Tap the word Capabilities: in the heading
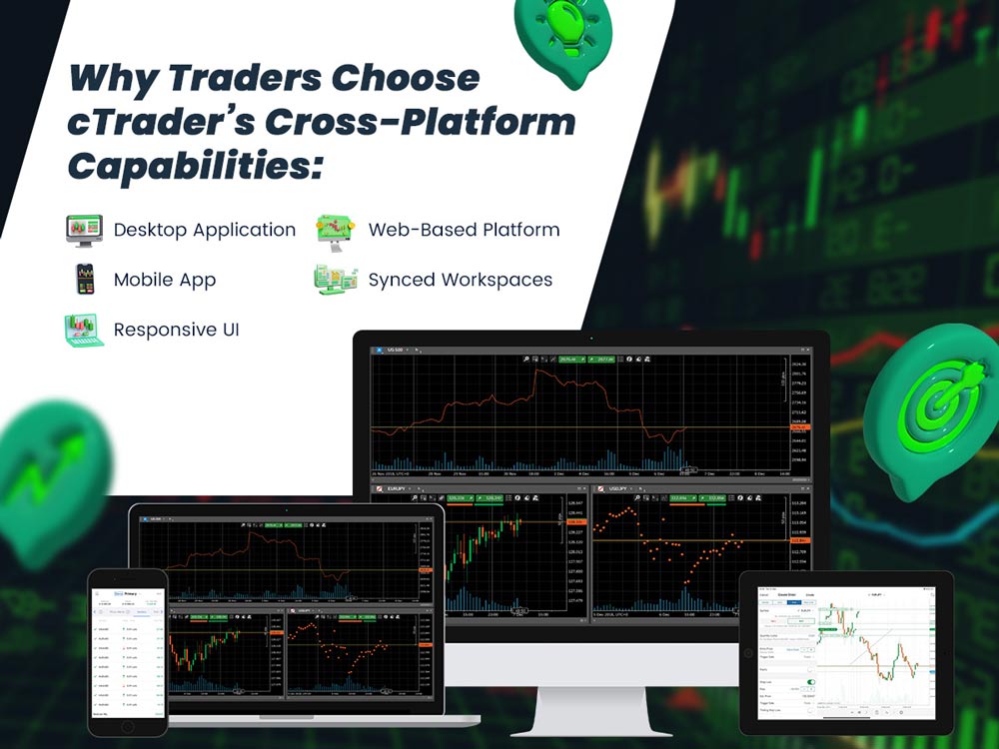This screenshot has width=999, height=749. point(196,165)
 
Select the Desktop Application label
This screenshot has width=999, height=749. point(205,230)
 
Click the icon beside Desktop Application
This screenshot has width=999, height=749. point(84,230)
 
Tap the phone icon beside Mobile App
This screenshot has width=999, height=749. point(85,280)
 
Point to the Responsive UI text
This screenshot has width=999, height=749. point(176,330)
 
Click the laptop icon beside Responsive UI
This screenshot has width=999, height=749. point(84,330)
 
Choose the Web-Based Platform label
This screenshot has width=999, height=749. point(464,230)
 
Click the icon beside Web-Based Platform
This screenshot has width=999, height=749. point(336,230)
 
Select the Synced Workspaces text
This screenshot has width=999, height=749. point(460,280)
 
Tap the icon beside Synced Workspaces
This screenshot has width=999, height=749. point(336,280)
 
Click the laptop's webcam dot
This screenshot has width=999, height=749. point(286,510)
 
